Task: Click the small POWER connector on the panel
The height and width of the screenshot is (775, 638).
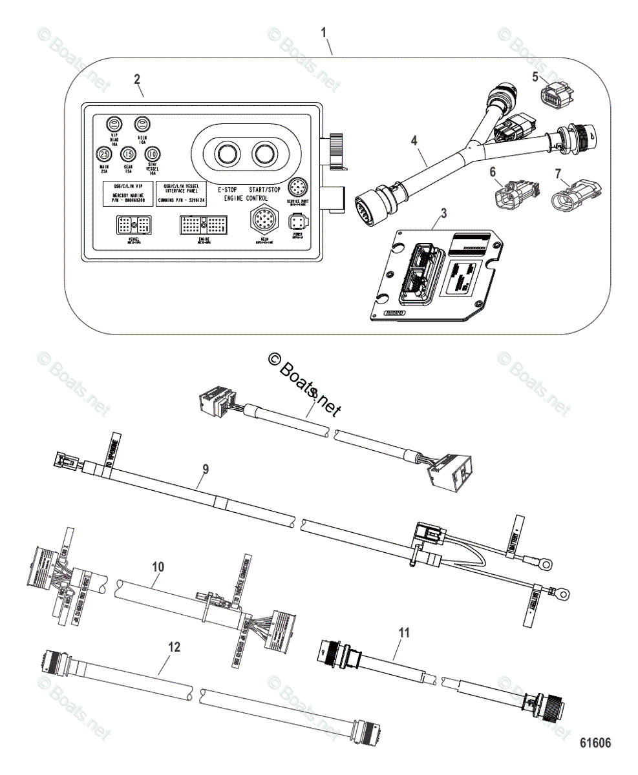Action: pyautogui.click(x=297, y=224)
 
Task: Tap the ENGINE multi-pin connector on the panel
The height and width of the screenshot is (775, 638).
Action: pyautogui.click(x=203, y=224)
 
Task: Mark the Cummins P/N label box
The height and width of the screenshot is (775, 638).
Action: pyautogui.click(x=182, y=194)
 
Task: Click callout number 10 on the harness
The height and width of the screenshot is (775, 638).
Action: pyautogui.click(x=158, y=567)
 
